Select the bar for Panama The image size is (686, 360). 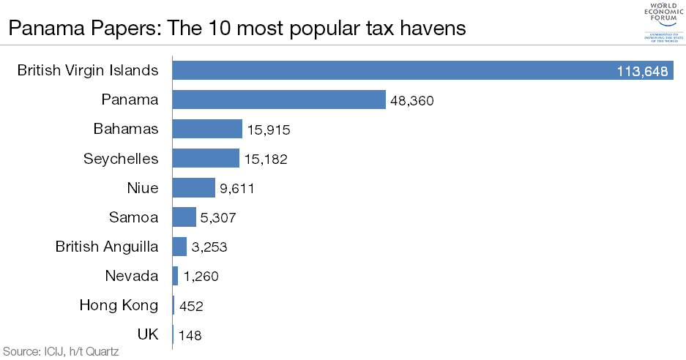(279, 100)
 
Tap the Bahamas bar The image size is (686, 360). (207, 129)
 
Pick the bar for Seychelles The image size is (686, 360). (206, 158)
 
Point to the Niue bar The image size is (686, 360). (193, 187)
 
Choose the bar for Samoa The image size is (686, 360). (184, 217)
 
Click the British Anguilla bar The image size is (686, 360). (179, 247)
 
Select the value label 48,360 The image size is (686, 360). (412, 100)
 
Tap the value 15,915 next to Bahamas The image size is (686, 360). (269, 130)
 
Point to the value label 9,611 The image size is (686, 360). (236, 188)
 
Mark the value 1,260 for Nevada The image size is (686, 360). (201, 277)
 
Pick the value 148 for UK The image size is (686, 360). (190, 335)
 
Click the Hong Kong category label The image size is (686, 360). (119, 305)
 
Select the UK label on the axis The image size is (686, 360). (148, 334)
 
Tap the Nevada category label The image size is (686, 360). (131, 276)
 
